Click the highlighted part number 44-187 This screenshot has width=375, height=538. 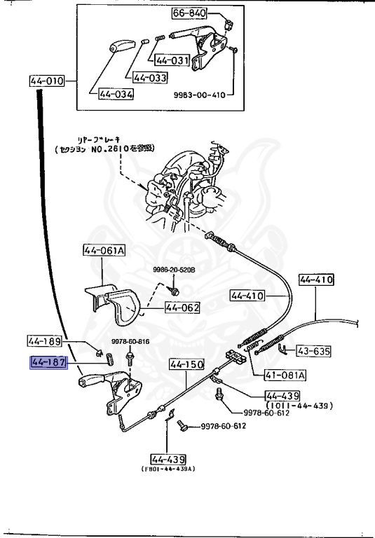(47, 362)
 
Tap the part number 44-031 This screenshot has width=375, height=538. (172, 60)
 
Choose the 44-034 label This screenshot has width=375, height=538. (115, 94)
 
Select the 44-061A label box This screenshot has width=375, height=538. (103, 249)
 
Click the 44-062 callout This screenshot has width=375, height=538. (182, 307)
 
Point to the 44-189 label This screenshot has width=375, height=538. (45, 341)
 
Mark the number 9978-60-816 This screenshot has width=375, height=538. (130, 341)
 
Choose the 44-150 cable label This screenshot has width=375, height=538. (186, 364)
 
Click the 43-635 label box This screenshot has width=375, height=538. (313, 351)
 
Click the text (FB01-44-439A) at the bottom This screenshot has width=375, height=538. (168, 469)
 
